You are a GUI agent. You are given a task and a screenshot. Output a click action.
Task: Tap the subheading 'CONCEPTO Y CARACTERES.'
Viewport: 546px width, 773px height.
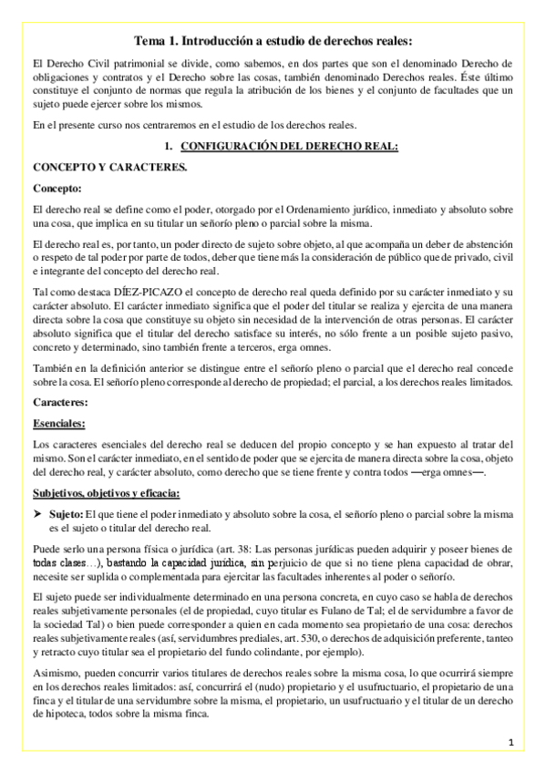[97, 168]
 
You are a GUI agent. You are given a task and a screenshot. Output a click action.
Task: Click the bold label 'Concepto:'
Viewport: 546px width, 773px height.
[57, 189]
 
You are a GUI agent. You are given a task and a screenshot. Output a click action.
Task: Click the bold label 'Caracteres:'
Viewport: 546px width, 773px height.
[61, 401]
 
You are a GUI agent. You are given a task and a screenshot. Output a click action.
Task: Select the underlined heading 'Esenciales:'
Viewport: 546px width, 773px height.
[60, 423]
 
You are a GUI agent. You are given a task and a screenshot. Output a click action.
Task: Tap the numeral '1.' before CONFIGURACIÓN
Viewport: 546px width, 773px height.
[168, 146]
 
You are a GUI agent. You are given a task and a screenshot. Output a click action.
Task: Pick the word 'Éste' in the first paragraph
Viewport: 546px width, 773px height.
[462, 77]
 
